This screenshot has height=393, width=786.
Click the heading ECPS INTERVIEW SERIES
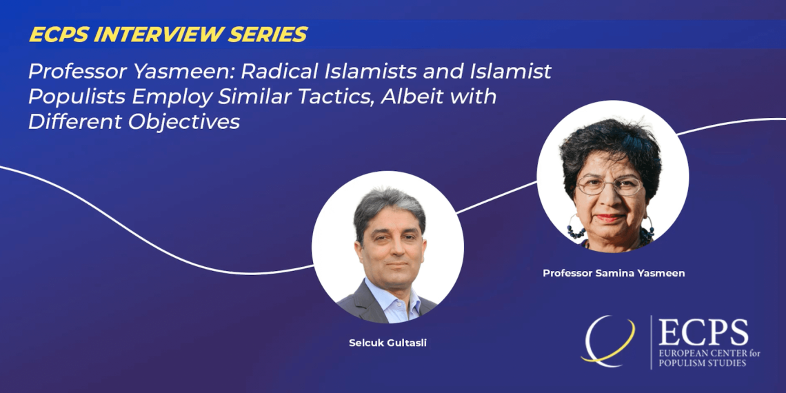[x=168, y=34]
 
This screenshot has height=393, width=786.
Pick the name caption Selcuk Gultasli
[x=387, y=344]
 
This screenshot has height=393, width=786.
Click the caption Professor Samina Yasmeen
[x=614, y=274]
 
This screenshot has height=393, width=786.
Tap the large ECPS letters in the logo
[x=703, y=333]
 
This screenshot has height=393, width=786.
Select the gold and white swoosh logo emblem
[x=608, y=341]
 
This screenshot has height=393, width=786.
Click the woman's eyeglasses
[x=609, y=186]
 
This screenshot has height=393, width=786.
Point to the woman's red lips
[x=609, y=218]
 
